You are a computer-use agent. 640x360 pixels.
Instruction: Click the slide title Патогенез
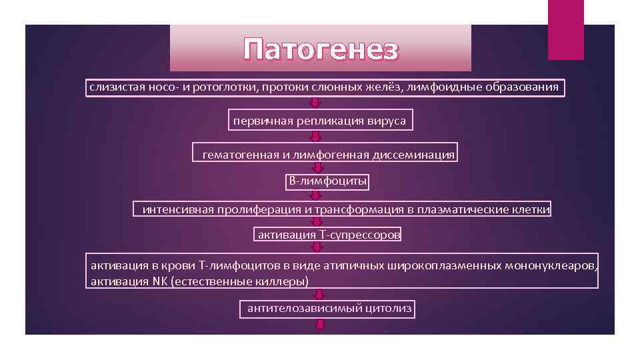click(x=321, y=49)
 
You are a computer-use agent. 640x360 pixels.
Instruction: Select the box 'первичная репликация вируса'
click(x=319, y=121)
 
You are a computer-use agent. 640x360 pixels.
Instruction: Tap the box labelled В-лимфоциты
click(x=327, y=181)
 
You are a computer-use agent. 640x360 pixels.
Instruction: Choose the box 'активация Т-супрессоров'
click(x=329, y=235)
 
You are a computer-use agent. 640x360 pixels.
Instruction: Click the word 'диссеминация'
click(x=413, y=155)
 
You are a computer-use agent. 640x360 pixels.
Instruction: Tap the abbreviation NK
click(x=160, y=281)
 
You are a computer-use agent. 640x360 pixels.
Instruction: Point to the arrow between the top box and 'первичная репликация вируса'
click(x=316, y=103)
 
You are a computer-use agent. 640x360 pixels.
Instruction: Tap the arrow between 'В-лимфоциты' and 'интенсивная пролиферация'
click(x=317, y=195)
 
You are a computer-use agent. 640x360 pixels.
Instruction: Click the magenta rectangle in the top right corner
click(x=565, y=29)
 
